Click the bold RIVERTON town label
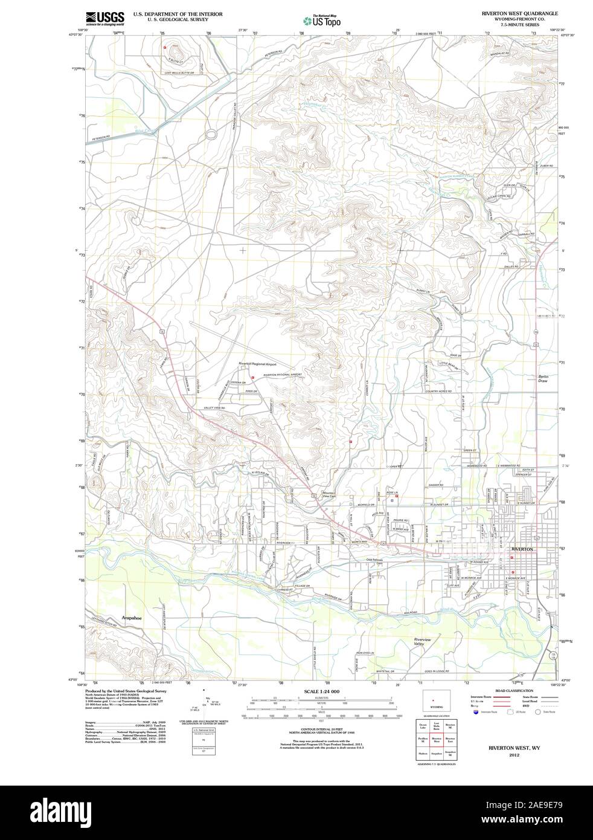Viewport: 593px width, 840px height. click(x=522, y=549)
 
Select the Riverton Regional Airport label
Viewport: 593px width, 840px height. click(x=257, y=364)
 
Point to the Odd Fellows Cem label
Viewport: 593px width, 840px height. click(x=376, y=561)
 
